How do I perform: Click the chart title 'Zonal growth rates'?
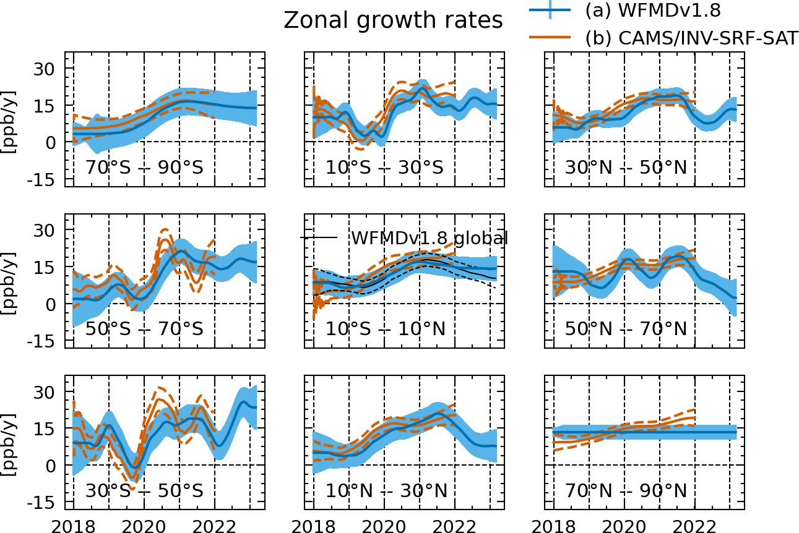click(x=393, y=20)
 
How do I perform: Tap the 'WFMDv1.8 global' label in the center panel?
click(x=429, y=237)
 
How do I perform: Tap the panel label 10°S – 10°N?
click(x=385, y=329)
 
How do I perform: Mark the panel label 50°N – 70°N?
click(x=626, y=329)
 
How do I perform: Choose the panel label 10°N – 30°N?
click(x=386, y=491)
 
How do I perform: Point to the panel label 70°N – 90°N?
click(x=626, y=491)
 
